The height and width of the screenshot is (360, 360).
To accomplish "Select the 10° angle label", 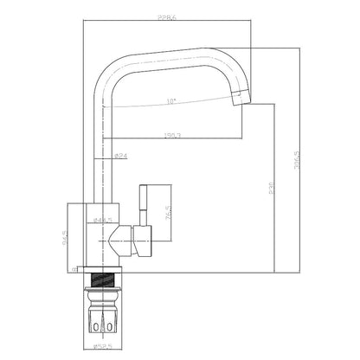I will click(171, 102).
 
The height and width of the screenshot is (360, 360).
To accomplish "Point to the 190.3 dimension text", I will click(171, 135).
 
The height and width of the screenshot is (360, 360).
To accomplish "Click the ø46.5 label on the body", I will click(102, 221).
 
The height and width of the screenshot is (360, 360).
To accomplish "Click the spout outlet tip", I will click(239, 100).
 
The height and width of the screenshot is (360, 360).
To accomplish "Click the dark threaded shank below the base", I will click(105, 279).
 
